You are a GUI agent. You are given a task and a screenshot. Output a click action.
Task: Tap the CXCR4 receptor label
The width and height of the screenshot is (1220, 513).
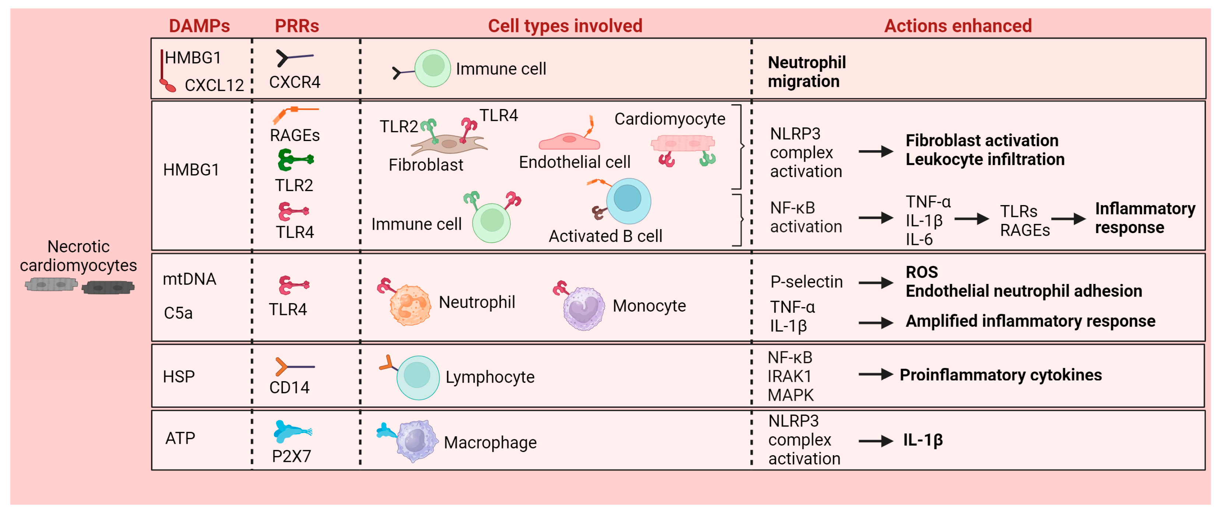pos(295,82)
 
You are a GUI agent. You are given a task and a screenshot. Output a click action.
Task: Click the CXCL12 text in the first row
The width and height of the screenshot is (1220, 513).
pos(214,85)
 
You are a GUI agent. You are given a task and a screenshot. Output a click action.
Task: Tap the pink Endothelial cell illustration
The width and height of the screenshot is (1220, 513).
pos(569,140)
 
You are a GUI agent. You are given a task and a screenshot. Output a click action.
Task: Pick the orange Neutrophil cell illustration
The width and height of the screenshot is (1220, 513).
pos(409,305)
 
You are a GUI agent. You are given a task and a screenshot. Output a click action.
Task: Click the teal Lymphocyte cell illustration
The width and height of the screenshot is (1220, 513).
pos(417,377)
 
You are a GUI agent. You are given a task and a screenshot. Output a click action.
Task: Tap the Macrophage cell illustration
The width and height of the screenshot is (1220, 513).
pos(416,440)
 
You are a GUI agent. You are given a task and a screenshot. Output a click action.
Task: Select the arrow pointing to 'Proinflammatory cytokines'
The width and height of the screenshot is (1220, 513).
pos(875,375)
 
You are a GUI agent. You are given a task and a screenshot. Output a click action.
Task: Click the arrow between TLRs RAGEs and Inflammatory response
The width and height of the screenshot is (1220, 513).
pos(1068,219)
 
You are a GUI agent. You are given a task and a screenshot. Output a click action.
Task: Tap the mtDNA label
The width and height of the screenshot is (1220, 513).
pos(189,279)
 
